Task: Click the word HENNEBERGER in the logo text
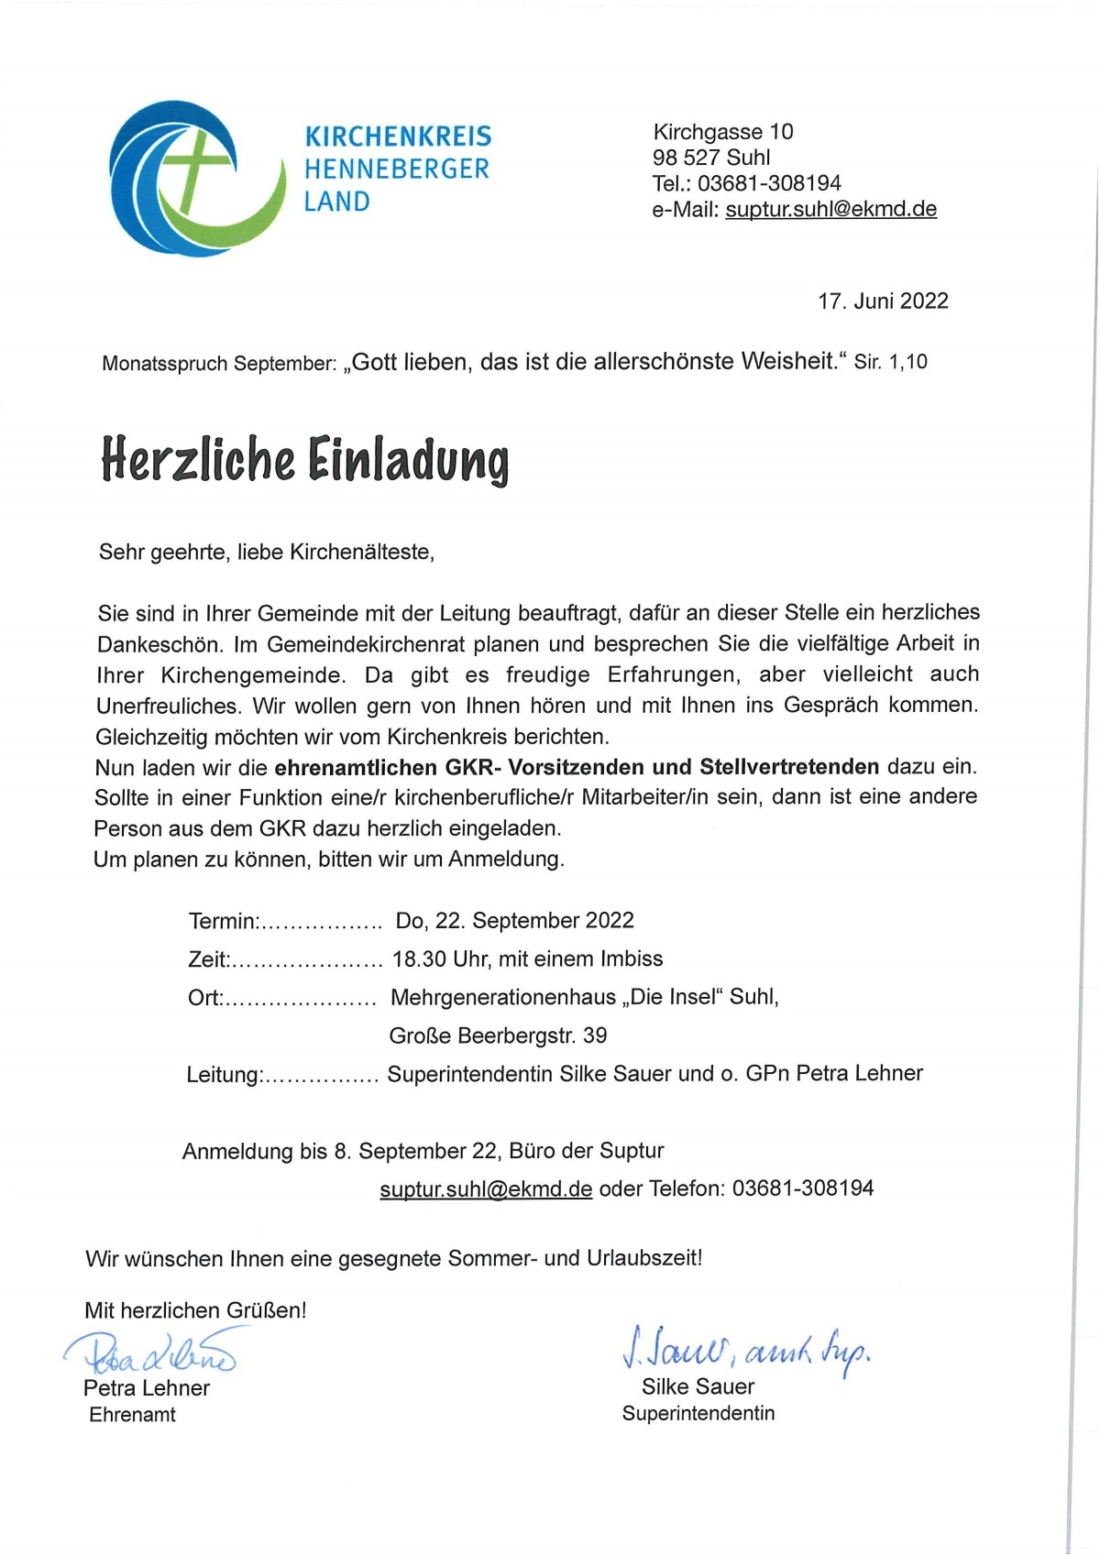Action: coord(397,169)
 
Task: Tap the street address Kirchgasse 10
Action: coord(722,132)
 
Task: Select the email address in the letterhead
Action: coord(830,209)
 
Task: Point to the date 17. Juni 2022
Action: coord(883,301)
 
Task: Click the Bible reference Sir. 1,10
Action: coord(890,362)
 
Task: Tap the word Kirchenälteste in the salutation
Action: coord(361,553)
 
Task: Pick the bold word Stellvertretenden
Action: coord(789,766)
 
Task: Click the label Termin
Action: coord(224,921)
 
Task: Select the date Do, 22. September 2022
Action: coord(514,920)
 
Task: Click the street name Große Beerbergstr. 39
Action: coord(498,1035)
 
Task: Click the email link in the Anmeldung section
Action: coord(486,1188)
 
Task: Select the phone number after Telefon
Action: coord(803,1188)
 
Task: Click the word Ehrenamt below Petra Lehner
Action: coord(132,1415)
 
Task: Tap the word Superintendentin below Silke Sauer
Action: coord(698,1413)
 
